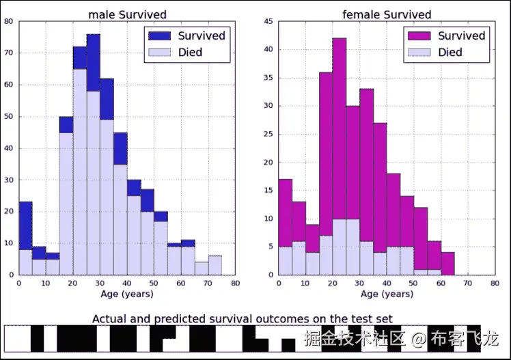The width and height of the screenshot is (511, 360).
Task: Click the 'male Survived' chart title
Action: click(127, 14)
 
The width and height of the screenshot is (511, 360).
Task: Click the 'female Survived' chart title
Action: click(387, 14)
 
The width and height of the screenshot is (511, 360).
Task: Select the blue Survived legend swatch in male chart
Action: click(160, 36)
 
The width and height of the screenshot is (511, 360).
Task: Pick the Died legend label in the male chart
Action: click(190, 52)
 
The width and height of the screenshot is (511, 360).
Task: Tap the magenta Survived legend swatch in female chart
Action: click(419, 36)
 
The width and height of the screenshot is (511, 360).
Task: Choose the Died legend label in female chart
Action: click(450, 52)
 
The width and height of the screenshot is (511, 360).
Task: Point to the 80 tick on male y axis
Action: click(8, 21)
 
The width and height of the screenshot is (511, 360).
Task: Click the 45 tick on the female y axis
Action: click(268, 21)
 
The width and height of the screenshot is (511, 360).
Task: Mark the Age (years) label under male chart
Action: click(126, 294)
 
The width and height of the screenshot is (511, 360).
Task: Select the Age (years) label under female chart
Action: click(387, 294)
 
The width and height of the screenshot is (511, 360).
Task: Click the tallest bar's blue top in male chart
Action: click(94, 63)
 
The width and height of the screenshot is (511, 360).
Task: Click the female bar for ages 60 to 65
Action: click(447, 264)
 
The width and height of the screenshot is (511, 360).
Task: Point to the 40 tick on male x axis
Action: click(126, 283)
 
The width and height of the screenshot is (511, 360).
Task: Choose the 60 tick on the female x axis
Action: click(441, 283)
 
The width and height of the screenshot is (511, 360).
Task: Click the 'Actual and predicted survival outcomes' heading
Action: click(243, 318)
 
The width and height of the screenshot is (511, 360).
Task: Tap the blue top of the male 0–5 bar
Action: click(25, 225)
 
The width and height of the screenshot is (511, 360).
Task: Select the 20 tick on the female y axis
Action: click(268, 162)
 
